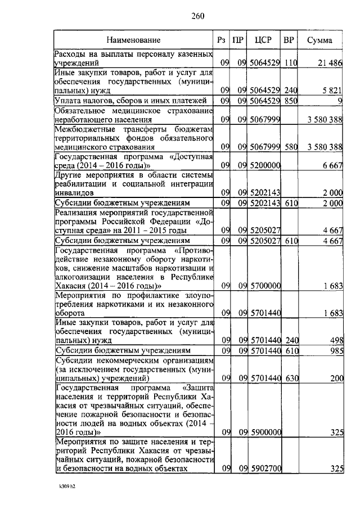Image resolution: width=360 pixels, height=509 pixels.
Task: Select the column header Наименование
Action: point(134,40)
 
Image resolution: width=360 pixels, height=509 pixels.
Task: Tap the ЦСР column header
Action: point(263,40)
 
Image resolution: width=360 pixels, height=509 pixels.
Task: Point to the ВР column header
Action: point(289,40)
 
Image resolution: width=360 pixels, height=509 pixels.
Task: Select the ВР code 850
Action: point(290,101)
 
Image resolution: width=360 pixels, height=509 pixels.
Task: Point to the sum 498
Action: point(336,340)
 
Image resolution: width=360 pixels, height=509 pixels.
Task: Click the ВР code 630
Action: point(290,379)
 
